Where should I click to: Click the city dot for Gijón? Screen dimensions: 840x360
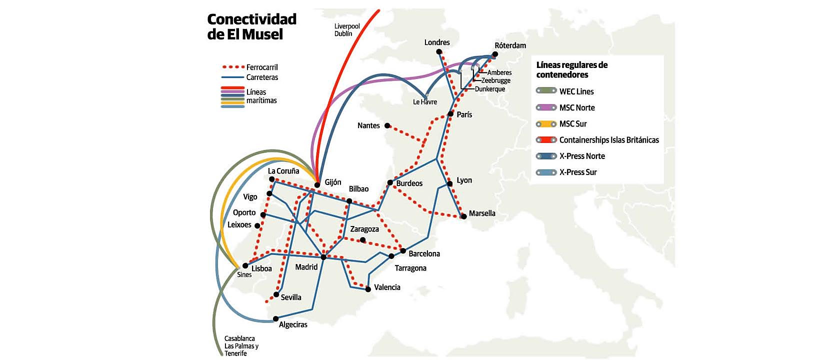(x=317, y=185)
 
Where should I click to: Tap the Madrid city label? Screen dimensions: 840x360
(x=306, y=267)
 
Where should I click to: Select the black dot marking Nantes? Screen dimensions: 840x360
(x=387, y=125)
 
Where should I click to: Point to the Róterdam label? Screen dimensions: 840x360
(x=510, y=45)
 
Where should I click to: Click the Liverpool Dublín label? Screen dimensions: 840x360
(x=346, y=30)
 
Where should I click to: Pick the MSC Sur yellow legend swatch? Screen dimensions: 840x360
(x=546, y=124)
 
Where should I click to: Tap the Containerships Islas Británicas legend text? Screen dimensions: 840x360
(x=608, y=140)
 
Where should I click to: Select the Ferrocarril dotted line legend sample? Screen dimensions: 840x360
(x=232, y=67)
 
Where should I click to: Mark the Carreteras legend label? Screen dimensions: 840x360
(x=262, y=77)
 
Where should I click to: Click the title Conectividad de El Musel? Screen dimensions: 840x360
(x=251, y=26)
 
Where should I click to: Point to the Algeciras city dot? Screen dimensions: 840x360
(x=275, y=318)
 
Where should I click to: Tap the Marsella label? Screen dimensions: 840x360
(x=482, y=213)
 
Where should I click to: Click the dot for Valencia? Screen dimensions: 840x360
(x=368, y=289)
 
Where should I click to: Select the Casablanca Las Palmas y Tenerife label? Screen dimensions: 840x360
(x=241, y=346)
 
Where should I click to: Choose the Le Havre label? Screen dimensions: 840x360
(x=424, y=102)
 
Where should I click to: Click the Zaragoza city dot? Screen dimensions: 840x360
(x=363, y=240)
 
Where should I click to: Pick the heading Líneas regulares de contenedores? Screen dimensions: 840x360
(x=571, y=69)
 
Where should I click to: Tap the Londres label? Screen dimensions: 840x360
(x=437, y=42)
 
